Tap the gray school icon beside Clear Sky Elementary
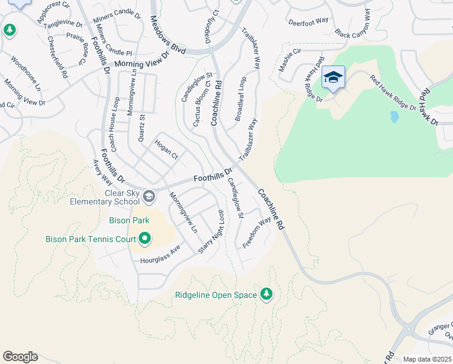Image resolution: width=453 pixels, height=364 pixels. pyautogui.click(x=149, y=197)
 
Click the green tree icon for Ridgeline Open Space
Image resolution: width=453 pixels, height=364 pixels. pyautogui.click(x=266, y=295)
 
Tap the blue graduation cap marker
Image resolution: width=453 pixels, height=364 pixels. pyautogui.click(x=333, y=77)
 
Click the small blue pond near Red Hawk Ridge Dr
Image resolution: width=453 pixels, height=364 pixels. pyautogui.click(x=394, y=116)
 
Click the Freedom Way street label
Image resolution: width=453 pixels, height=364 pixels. pyautogui.click(x=257, y=232)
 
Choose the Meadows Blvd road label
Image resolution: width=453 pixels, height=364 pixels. pyautogui.click(x=167, y=37)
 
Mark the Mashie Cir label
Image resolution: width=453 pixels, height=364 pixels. pyautogui.click(x=289, y=61)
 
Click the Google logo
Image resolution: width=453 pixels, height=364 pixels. pyautogui.click(x=20, y=357)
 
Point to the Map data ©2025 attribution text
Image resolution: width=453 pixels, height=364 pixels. pyautogui.click(x=426, y=359)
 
